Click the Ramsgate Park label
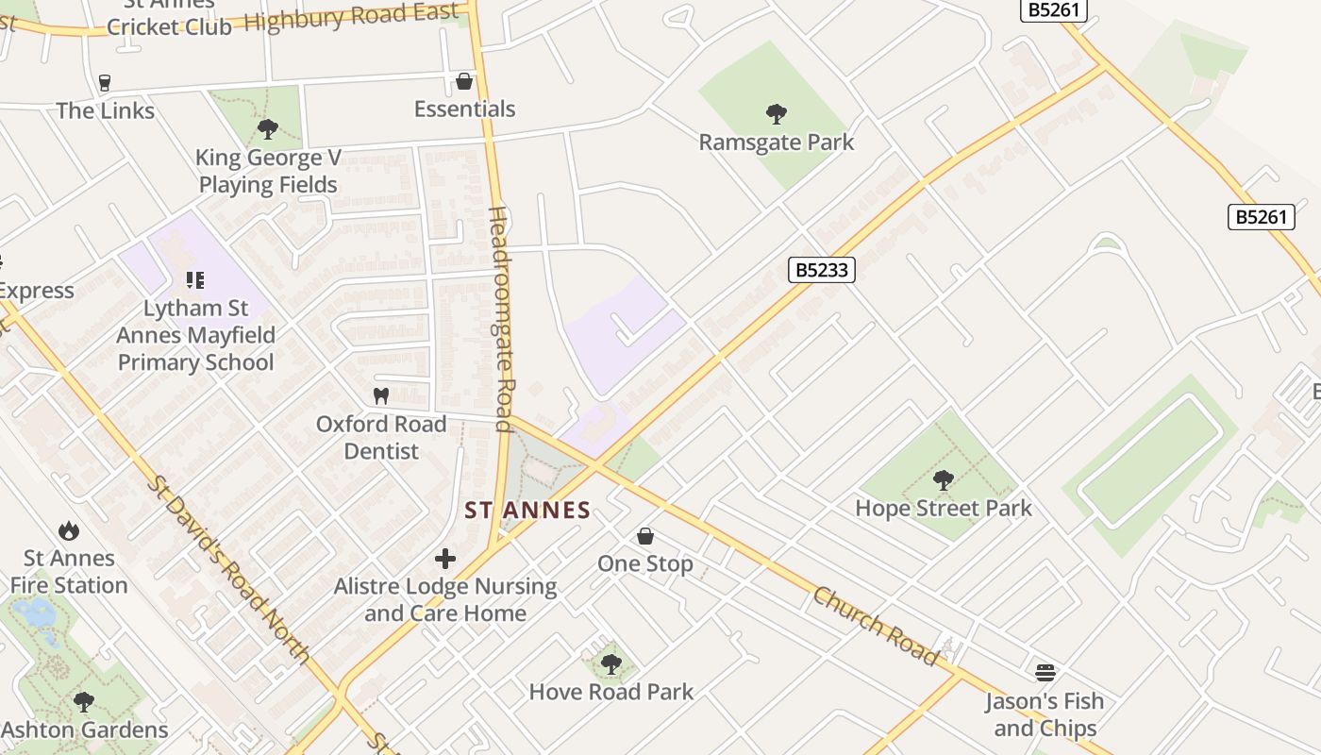pos(776,143)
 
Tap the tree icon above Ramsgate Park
pos(777,114)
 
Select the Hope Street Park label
pos(944,508)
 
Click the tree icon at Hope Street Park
pos(944,480)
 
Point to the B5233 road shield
pos(821,270)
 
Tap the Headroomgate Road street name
pos(501,320)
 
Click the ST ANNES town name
pos(527,511)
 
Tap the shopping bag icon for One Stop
pos(645,536)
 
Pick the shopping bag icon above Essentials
pos(464,81)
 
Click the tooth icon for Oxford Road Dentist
pos(381,396)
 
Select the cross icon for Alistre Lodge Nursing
pos(445,559)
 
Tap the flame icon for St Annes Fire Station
pos(68,530)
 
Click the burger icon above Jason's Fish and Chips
pos(1045,672)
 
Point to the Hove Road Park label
pos(610,692)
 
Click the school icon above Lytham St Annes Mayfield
pos(195,280)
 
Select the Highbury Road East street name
pos(351,17)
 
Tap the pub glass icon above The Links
pos(104,83)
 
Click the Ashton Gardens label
pos(85,730)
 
